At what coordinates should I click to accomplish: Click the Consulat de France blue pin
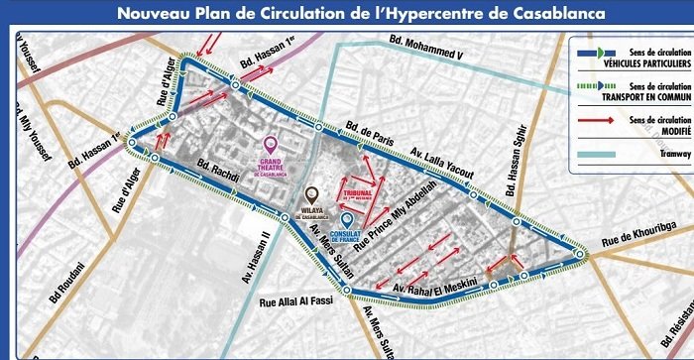(x=346, y=220)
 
